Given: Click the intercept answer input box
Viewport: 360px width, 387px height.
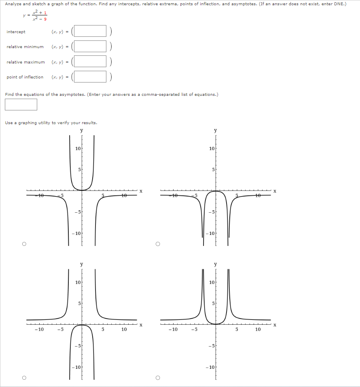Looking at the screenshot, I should click(x=89, y=32).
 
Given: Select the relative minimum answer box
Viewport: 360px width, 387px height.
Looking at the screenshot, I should click(x=89, y=47).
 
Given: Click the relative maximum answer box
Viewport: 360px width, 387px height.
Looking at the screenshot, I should click(x=89, y=62).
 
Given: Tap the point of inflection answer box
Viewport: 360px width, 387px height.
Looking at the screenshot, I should click(x=89, y=77).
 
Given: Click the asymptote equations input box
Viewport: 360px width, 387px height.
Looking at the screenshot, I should click(x=21, y=104).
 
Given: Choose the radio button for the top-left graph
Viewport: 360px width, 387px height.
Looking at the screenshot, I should click(x=24, y=244).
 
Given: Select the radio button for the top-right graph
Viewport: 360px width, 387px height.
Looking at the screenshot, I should click(x=158, y=244).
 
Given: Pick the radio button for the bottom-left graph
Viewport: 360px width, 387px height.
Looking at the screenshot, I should click(x=24, y=378).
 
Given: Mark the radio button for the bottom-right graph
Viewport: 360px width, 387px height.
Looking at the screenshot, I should click(x=158, y=378).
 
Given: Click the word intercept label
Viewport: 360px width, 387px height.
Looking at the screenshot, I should click(x=16, y=32).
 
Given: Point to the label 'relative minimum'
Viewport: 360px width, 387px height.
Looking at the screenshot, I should click(x=25, y=47).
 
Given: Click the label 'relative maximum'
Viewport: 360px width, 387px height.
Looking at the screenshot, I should click(x=25, y=62).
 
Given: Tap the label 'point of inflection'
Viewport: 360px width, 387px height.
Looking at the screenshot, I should click(x=25, y=77).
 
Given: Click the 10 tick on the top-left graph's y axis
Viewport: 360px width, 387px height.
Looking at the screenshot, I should click(x=78, y=148).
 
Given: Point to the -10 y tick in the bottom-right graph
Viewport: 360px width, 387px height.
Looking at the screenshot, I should click(x=210, y=367).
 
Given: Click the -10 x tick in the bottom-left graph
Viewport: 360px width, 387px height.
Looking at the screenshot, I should click(x=39, y=330).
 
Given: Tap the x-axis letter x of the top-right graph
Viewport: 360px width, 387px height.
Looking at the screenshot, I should click(x=274, y=190).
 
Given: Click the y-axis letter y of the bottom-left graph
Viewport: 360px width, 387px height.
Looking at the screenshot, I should click(x=82, y=264).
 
